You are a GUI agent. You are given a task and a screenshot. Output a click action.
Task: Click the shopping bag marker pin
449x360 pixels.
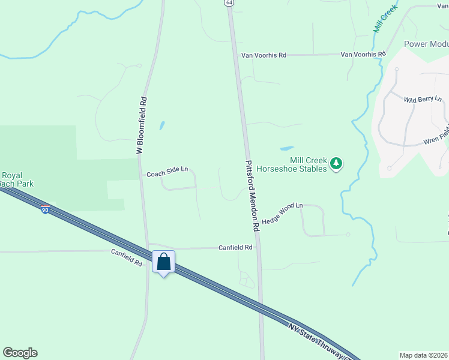point(163,262)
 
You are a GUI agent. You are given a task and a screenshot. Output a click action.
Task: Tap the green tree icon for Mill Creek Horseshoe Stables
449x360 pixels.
point(337,163)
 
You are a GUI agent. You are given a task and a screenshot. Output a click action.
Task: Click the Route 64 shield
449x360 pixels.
point(229,3)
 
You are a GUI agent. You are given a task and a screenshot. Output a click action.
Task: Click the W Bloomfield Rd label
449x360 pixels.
point(142,125)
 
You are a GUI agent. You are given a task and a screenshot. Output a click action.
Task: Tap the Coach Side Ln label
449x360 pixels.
point(167,173)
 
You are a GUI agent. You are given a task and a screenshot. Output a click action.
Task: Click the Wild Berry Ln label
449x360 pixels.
point(423,99)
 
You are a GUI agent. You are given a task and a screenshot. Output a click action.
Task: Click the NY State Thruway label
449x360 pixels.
point(318,340)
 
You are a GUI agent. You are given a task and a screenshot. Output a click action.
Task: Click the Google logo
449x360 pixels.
point(20,353)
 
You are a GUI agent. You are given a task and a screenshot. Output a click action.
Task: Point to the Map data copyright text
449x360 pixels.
point(423,355)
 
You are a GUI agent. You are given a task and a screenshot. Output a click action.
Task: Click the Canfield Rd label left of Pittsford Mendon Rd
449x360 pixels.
point(235,247)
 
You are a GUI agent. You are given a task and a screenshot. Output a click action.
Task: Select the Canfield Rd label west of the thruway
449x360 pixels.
point(126,257)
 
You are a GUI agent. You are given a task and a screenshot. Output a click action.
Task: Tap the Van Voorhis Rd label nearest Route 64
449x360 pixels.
point(264,55)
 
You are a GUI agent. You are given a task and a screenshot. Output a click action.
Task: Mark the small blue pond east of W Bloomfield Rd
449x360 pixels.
point(161,126)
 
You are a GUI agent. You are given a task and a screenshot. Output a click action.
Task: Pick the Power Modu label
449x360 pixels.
point(426,44)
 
